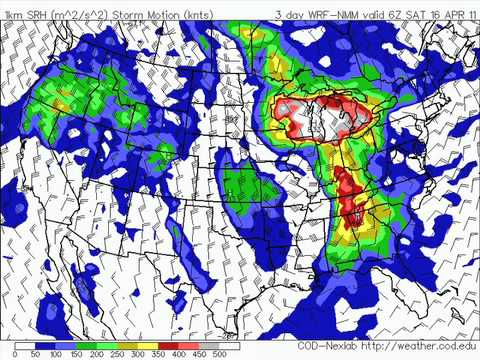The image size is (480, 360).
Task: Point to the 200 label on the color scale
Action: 98,353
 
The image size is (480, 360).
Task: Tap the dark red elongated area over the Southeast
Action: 349,196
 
